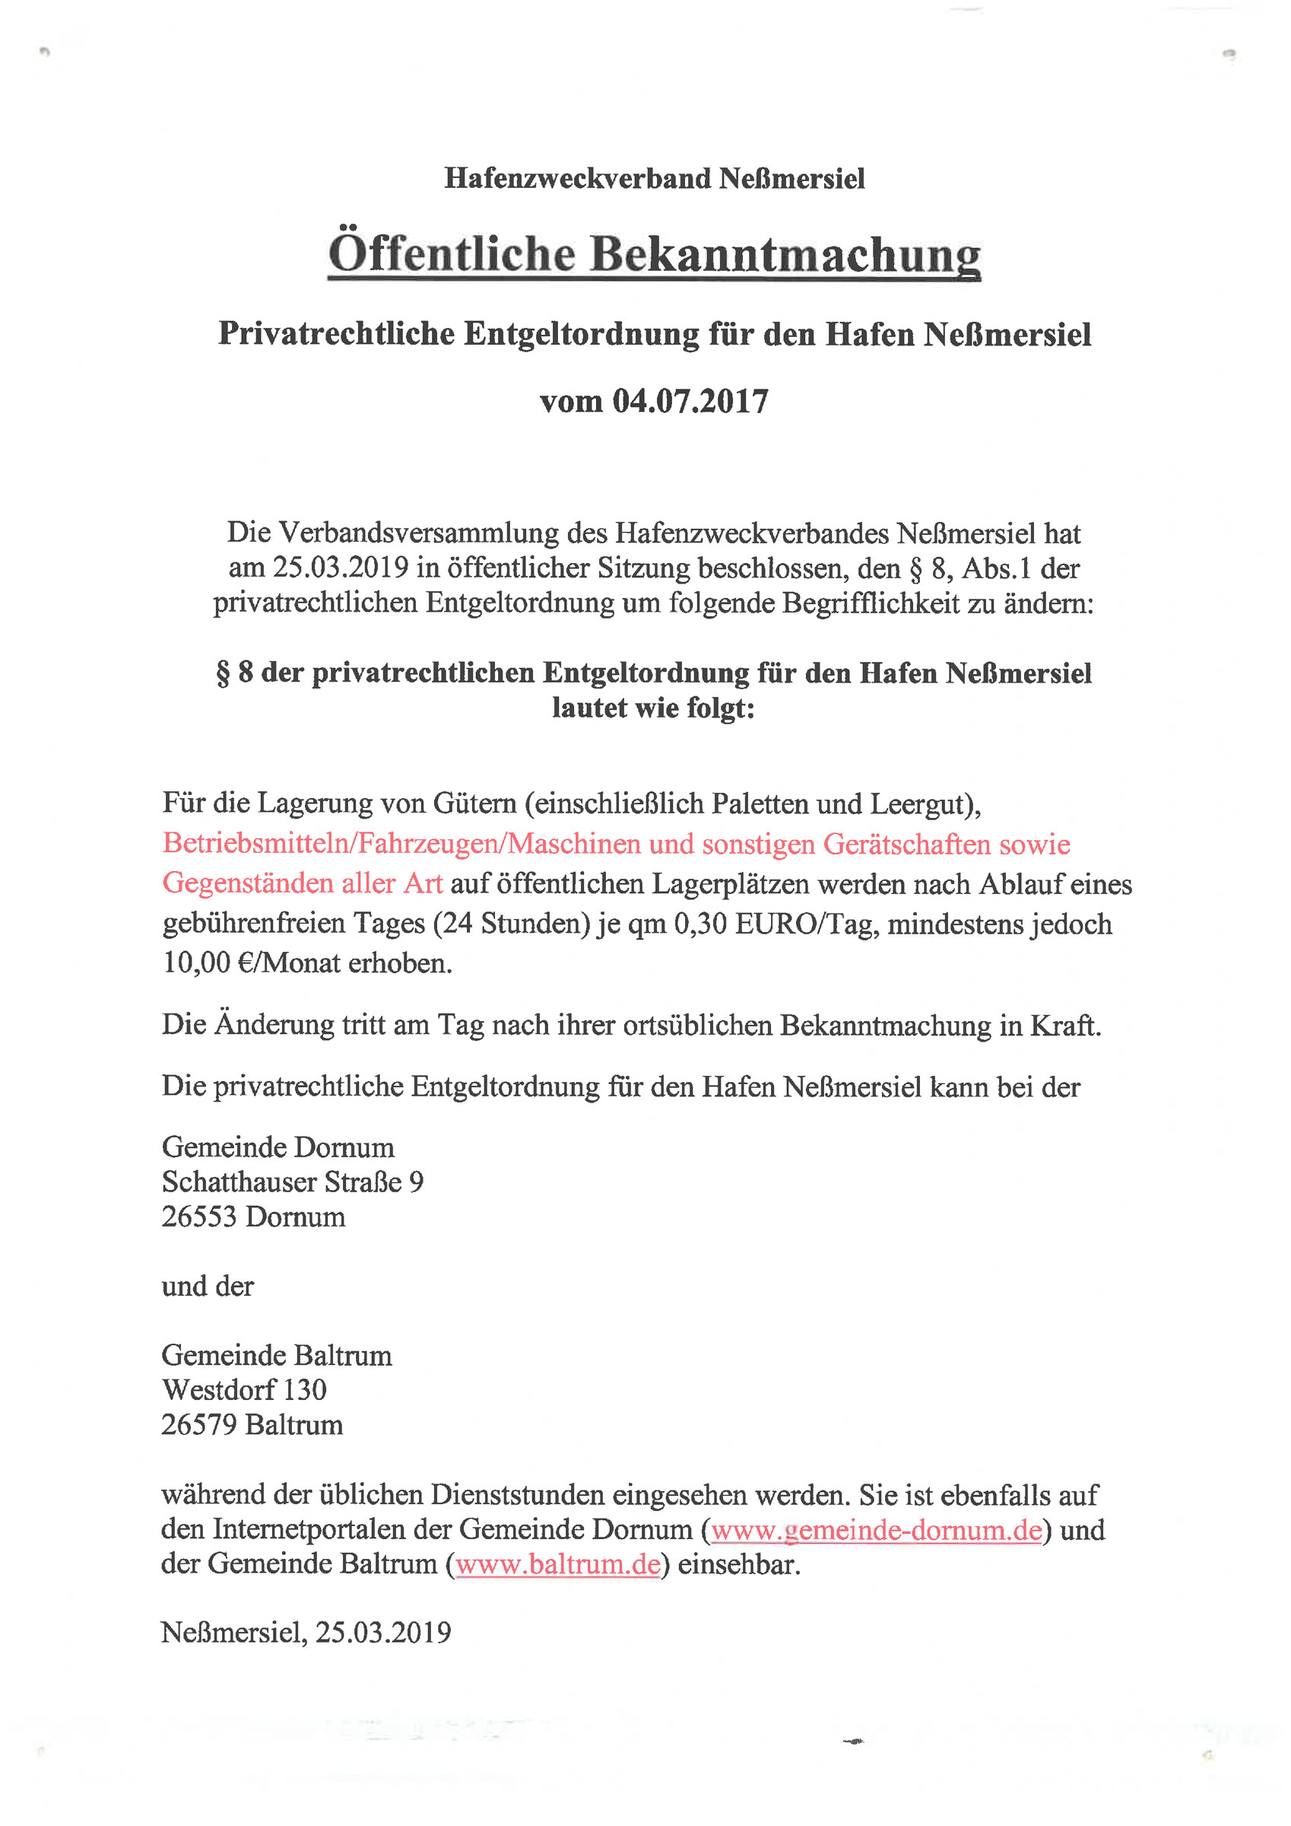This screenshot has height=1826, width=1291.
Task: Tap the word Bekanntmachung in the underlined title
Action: coord(785,256)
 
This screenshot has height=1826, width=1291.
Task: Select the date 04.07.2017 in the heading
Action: coord(690,401)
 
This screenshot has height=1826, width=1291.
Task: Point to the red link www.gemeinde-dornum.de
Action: coord(876,1529)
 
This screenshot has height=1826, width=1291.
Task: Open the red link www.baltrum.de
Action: coord(558,1564)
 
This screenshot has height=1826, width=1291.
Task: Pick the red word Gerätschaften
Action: coord(907,844)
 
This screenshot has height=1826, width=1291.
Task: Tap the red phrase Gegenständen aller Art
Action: coord(302,883)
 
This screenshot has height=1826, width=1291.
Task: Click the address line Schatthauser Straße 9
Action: coord(293,1182)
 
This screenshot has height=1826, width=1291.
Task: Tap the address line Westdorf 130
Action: coord(244,1389)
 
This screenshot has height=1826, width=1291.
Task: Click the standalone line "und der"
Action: coord(208,1286)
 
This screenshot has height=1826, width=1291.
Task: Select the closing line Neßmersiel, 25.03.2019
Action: coord(306,1632)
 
